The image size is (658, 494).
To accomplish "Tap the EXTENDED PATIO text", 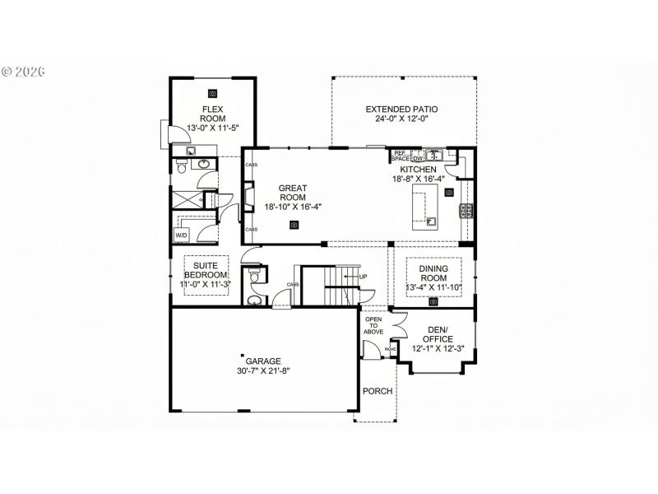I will point(401,109).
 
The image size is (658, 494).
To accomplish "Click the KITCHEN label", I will point(419,170).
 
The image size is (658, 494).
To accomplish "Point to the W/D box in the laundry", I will point(181,235).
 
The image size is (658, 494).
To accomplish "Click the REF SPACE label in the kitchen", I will point(400,155).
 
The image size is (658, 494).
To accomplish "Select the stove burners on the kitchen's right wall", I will point(466,211).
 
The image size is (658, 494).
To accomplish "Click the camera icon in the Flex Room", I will point(213,93).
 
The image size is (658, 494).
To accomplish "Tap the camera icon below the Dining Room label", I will point(433,302).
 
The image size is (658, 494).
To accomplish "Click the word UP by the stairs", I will point(363,277).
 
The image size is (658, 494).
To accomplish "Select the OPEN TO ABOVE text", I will point(374,326).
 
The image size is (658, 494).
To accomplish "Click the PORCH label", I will point(378,390).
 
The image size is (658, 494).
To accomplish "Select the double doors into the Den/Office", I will point(398,328).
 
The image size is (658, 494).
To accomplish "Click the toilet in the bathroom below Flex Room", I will point(181,168).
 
